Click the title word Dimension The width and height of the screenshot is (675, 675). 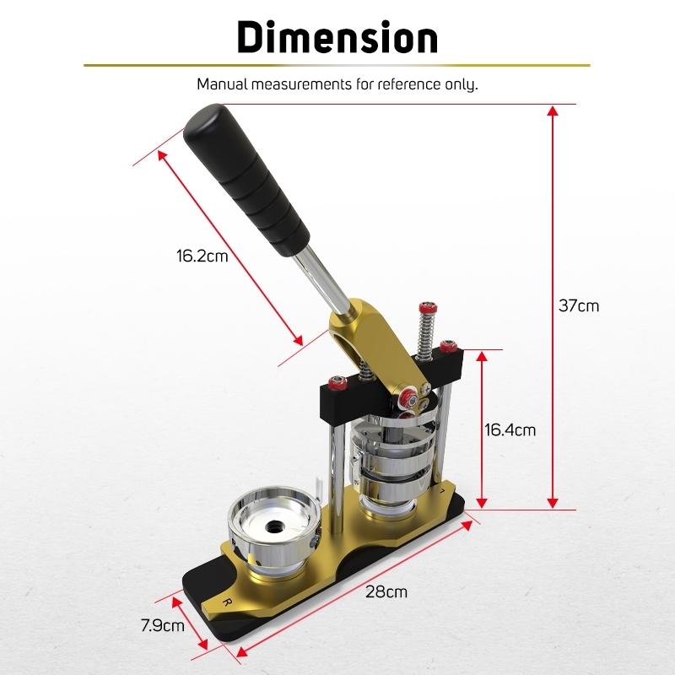point(337,37)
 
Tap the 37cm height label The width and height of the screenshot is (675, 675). point(579,305)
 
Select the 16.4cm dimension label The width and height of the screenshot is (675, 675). point(510,430)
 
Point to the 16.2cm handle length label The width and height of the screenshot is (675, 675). point(202,256)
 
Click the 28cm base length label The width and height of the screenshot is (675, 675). point(386,592)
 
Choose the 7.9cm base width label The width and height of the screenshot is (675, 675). point(163,625)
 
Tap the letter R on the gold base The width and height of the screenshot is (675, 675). point(227,602)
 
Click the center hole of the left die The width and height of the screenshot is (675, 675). point(273,526)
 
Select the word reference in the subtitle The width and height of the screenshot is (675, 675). point(402,84)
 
